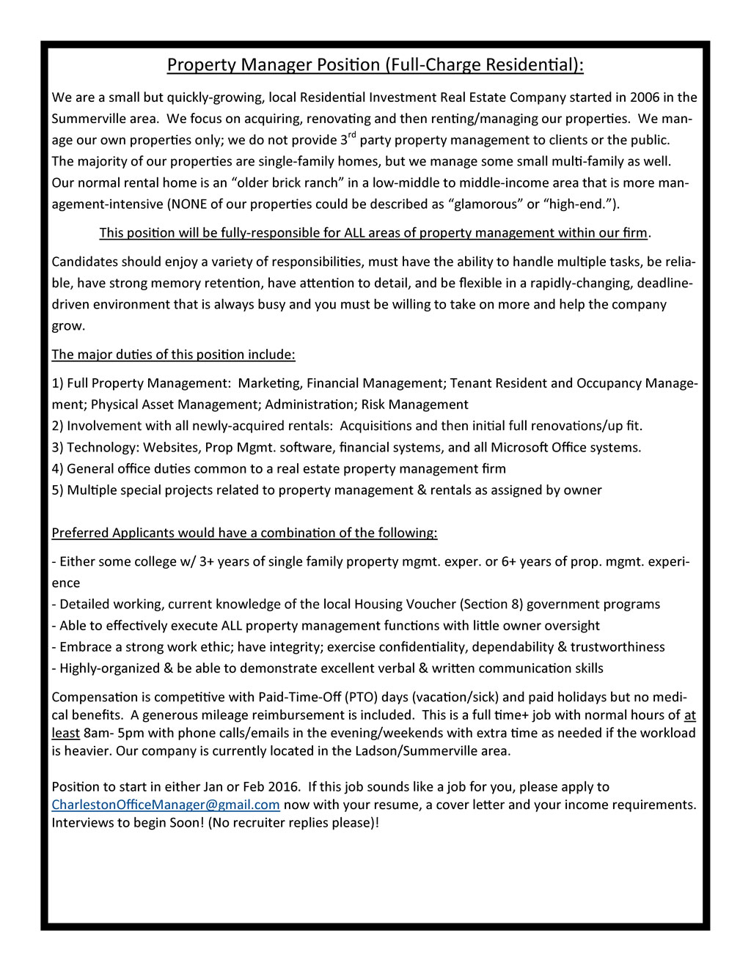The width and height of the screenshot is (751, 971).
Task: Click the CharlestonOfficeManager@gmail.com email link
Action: (x=166, y=805)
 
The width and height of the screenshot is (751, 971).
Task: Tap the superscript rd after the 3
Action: (x=351, y=135)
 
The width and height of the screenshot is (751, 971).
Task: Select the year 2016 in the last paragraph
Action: (x=283, y=787)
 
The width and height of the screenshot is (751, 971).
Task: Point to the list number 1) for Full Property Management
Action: (x=58, y=383)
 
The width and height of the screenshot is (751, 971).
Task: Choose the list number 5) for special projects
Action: (x=58, y=490)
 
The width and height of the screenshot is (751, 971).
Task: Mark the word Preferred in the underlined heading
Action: (x=80, y=534)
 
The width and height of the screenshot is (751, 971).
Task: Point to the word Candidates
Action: (x=84, y=262)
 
